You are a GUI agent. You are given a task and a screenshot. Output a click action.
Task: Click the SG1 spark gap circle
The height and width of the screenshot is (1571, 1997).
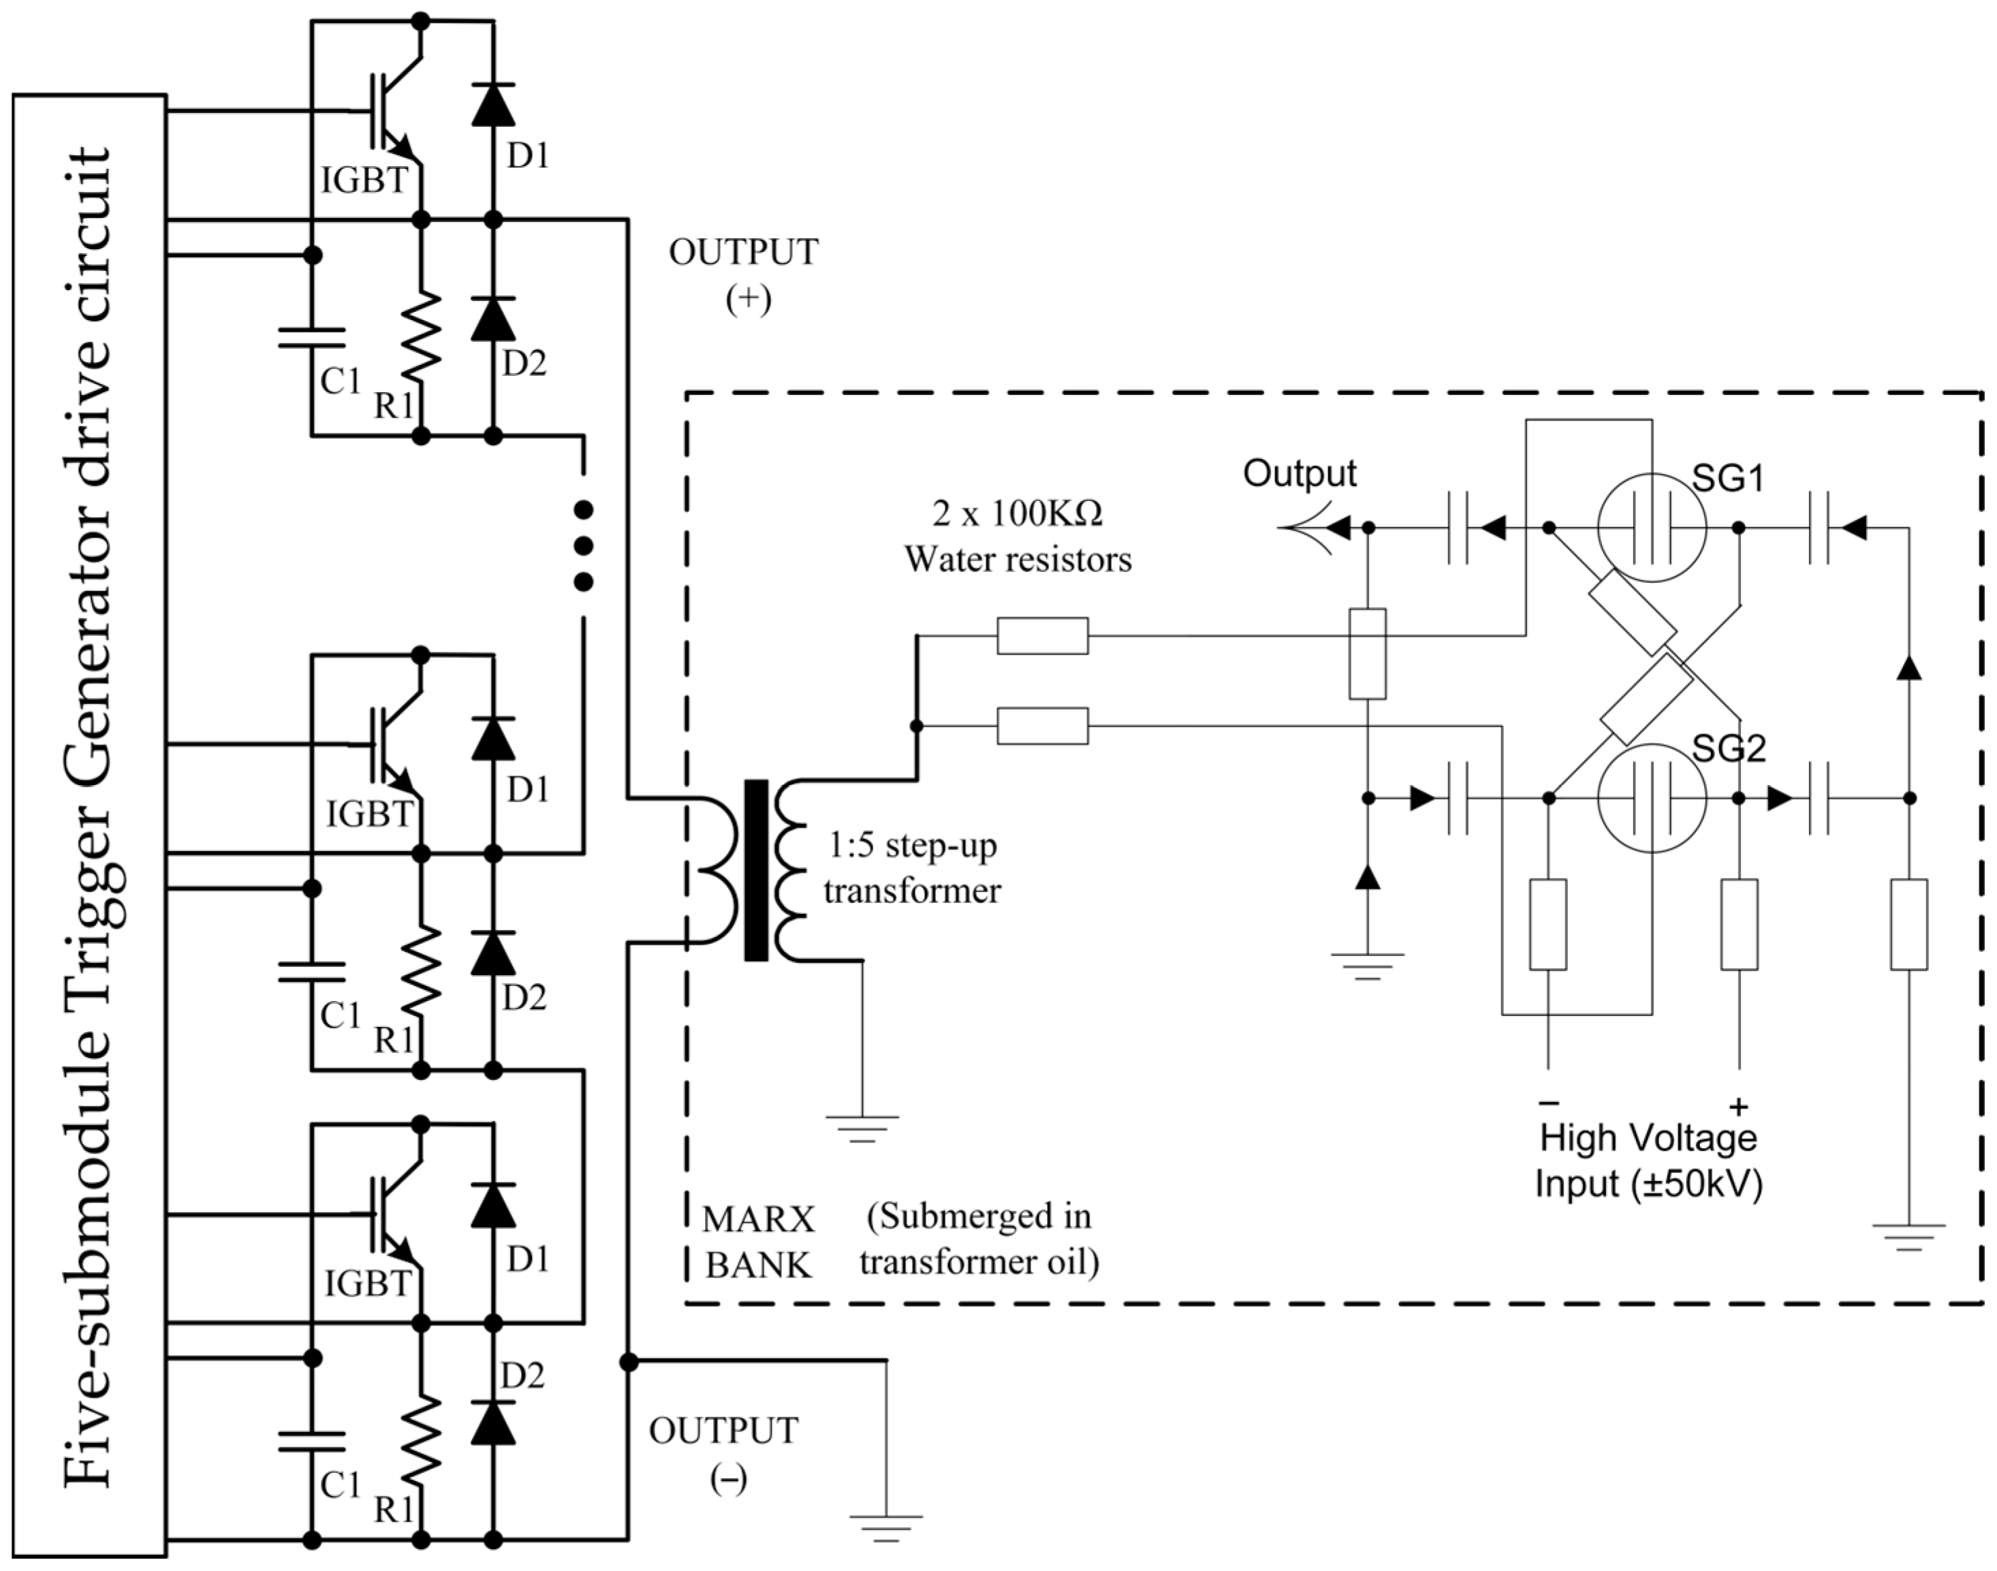tap(1599, 527)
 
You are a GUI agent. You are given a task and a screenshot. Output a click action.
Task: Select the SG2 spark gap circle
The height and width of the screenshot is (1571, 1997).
tap(1599, 798)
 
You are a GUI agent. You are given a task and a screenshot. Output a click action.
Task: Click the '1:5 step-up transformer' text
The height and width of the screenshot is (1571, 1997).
tap(911, 868)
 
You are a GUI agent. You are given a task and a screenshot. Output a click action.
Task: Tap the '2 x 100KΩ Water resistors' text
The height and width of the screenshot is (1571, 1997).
tap(1018, 535)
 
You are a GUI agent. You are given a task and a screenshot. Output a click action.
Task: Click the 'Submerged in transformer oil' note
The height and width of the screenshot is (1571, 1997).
tap(979, 1239)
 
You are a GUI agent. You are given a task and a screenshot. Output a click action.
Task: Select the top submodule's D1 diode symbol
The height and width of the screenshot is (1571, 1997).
tap(493, 104)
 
